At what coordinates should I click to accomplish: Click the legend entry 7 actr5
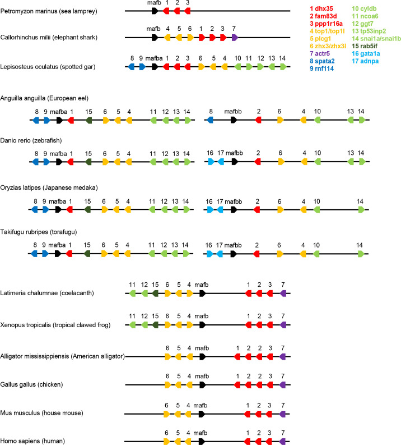[320, 53]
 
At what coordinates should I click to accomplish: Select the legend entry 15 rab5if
[365, 46]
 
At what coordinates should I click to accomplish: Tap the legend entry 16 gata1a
[366, 53]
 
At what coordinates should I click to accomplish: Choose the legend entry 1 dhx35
[321, 9]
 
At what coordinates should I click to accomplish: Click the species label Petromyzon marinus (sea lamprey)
[49, 11]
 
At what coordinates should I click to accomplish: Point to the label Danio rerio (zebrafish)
[31, 140]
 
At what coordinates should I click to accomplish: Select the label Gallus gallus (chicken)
[31, 384]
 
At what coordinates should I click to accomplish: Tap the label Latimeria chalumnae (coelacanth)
[47, 293]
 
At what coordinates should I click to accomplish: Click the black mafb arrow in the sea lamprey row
[155, 11]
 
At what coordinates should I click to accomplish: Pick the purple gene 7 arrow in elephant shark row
[235, 38]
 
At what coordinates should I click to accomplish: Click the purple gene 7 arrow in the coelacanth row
[283, 293]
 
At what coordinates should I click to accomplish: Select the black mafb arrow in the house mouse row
[202, 414]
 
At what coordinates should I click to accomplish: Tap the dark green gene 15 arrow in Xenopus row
[155, 325]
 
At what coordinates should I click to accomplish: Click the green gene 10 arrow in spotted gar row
[238, 67]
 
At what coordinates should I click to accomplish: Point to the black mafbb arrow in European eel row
[234, 120]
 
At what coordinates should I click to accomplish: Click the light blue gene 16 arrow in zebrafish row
[211, 162]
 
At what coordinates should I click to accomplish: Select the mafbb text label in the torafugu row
[233, 245]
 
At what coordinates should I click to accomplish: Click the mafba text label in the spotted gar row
[154, 58]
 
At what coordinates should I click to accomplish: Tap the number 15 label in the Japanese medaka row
[87, 201]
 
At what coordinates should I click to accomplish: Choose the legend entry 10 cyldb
[364, 9]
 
